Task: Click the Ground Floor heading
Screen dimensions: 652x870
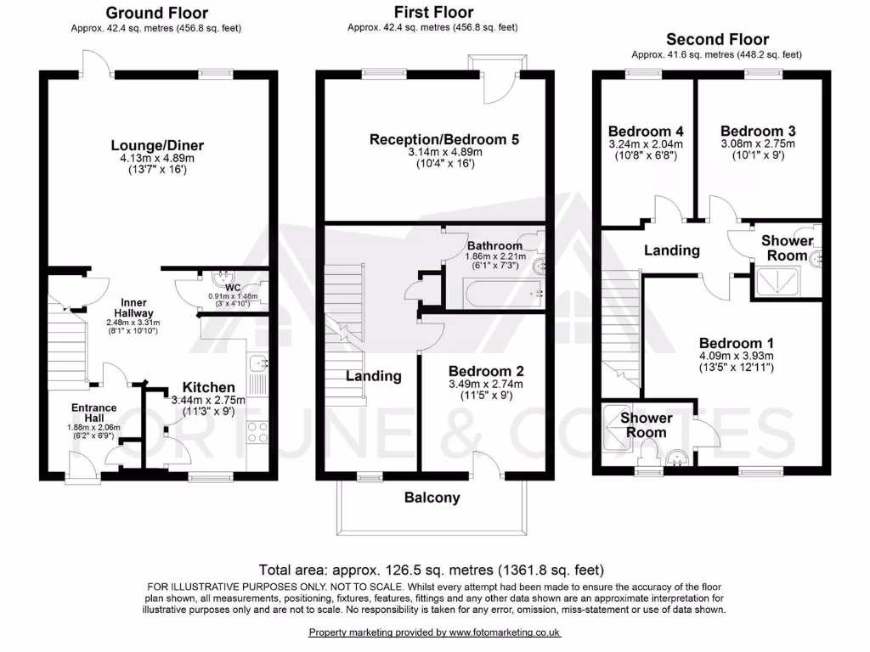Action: (x=156, y=13)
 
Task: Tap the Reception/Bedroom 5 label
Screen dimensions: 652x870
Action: (x=443, y=139)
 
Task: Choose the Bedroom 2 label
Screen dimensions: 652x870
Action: (x=486, y=371)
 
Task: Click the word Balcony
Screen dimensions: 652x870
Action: (x=432, y=497)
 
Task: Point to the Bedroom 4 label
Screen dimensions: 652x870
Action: (x=646, y=131)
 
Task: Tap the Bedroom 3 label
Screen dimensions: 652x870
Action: (x=758, y=131)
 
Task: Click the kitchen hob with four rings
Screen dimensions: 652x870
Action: (x=257, y=432)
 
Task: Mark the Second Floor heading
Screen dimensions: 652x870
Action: (x=717, y=39)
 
